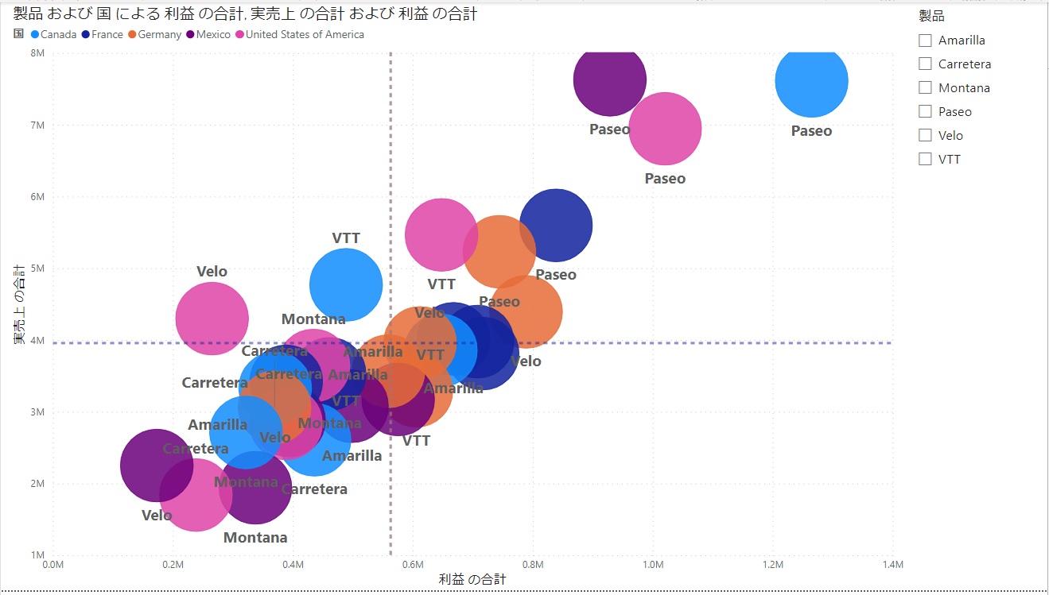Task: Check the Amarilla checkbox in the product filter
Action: (925, 41)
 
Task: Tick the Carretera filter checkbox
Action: (925, 64)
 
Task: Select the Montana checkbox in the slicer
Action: (925, 88)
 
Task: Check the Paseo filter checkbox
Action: (925, 112)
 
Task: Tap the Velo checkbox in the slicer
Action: (925, 136)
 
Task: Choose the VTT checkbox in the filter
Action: (925, 160)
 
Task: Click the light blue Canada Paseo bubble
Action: (811, 82)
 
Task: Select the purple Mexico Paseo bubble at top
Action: (609, 80)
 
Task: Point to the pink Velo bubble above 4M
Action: (212, 318)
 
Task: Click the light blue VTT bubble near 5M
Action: (346, 284)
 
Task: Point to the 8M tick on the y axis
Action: (37, 53)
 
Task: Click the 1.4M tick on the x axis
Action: (892, 565)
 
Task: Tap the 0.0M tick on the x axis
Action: (52, 565)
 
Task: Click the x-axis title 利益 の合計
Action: (472, 580)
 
